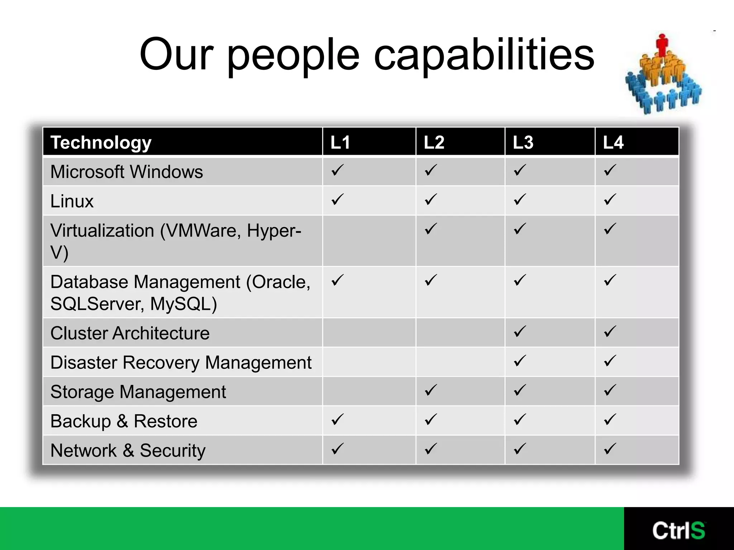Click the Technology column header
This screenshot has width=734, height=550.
(x=101, y=143)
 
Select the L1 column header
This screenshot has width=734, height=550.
(x=340, y=143)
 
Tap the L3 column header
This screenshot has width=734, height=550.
(x=523, y=143)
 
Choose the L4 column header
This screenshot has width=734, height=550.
(x=613, y=143)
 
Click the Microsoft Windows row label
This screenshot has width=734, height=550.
(x=127, y=172)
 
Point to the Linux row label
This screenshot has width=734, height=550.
(x=72, y=201)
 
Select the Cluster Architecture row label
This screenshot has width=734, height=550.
(x=130, y=333)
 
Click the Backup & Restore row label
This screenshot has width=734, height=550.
(x=124, y=421)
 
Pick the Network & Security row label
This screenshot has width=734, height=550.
(x=128, y=451)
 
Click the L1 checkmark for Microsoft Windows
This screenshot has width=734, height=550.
(x=338, y=170)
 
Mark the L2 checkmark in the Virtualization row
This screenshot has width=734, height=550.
(x=431, y=229)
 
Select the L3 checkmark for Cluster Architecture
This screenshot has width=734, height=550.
(x=520, y=332)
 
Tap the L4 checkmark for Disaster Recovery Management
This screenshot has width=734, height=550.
(x=610, y=361)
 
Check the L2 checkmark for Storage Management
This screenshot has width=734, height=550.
(x=431, y=390)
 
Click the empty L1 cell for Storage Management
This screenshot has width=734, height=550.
(x=369, y=391)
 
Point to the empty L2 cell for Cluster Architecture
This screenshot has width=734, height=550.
(x=460, y=333)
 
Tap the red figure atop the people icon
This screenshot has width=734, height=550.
(x=662, y=45)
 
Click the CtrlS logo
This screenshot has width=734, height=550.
(x=678, y=530)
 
